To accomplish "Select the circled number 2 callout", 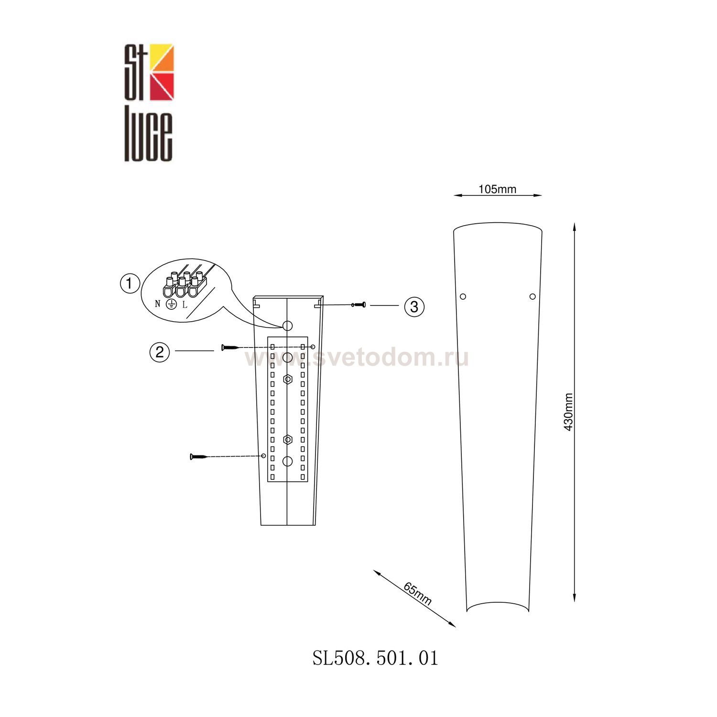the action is coord(160,352).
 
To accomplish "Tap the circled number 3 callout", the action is coord(414,306).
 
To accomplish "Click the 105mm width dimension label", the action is coord(497,189).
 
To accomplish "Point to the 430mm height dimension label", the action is coord(568,412).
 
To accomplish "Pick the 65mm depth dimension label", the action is coord(417,594).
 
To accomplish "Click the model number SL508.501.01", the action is coord(375,658).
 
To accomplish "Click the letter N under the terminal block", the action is coord(158,304).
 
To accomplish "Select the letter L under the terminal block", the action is coord(185,304).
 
